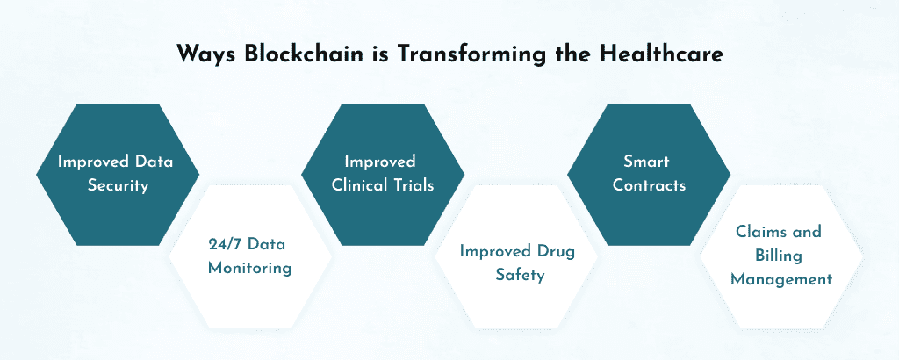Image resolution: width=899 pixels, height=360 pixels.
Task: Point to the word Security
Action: [117, 186]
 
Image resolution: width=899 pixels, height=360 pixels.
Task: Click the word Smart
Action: [647, 162]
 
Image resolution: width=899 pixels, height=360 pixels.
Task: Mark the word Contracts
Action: [647, 186]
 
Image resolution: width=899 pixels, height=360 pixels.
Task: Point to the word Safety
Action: [518, 275]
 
